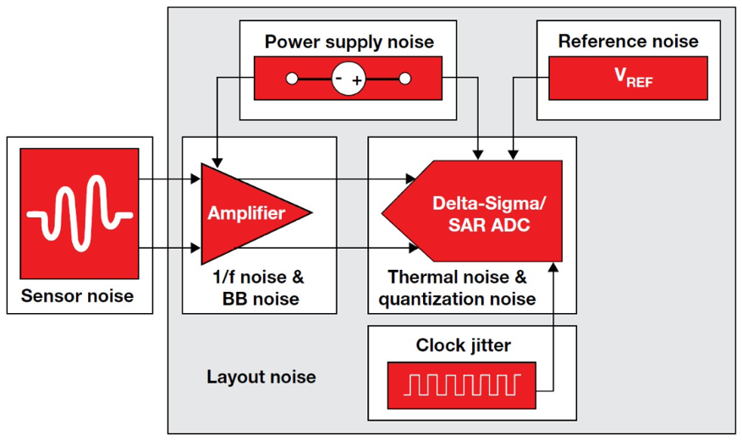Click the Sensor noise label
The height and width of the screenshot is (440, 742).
coord(78,295)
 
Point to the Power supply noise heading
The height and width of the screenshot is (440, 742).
coord(349,41)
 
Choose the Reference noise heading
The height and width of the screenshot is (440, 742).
coord(629,41)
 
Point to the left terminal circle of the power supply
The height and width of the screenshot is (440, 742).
coord(292,80)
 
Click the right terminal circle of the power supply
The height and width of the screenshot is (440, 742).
coord(405,80)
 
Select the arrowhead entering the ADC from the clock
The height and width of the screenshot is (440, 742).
coord(553,267)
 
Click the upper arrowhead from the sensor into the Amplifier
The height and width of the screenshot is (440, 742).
coord(195,179)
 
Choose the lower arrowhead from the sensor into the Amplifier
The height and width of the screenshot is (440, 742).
coord(195,247)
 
